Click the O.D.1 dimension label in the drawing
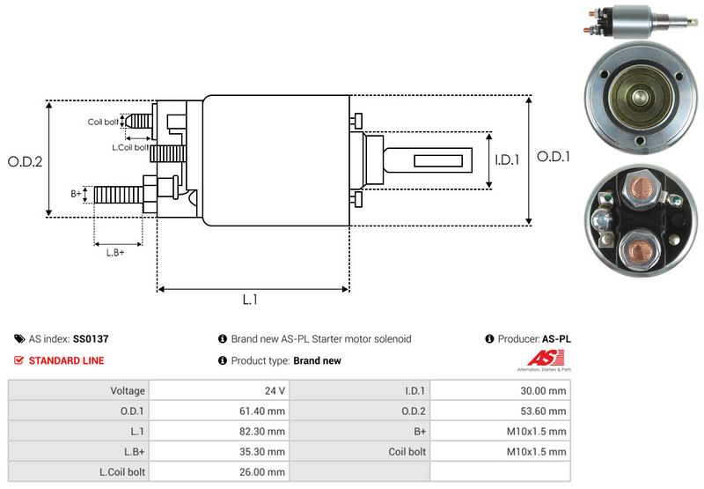[554, 157]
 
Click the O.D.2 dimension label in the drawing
[26, 161]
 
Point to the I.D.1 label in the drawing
[507, 159]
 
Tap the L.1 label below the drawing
[250, 300]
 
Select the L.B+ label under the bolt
[115, 253]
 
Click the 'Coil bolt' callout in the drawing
[102, 122]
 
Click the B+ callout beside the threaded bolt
[76, 192]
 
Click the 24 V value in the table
[275, 390]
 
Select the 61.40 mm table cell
[264, 411]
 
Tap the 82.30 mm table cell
[264, 431]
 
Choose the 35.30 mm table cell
[264, 451]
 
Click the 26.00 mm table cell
[264, 471]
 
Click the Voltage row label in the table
[128, 390]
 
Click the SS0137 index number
[91, 338]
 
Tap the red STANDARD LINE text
[66, 360]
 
